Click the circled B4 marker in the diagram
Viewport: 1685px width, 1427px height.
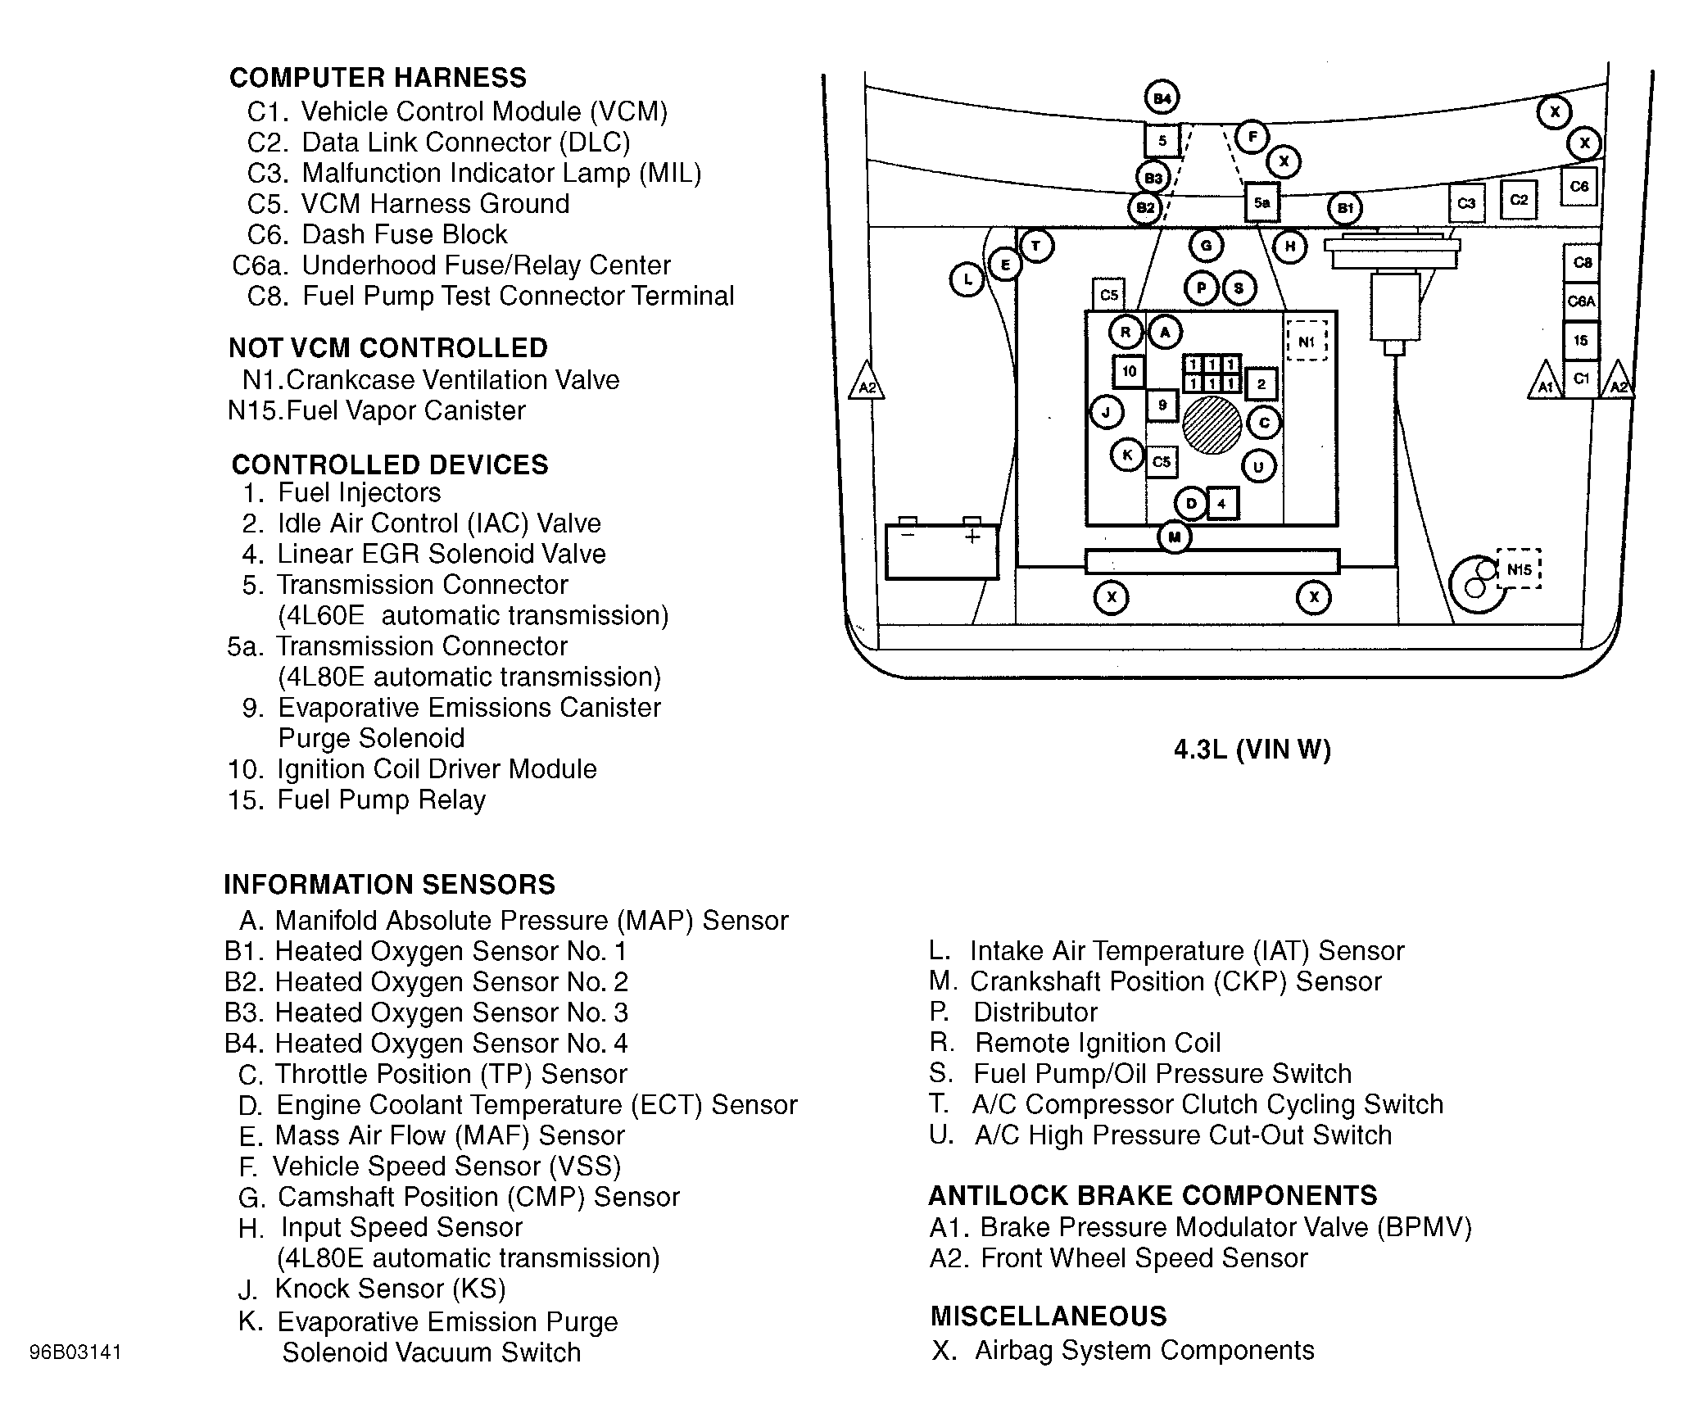1162,99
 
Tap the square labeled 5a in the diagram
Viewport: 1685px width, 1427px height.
1261,202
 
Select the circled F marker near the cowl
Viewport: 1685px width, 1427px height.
1252,137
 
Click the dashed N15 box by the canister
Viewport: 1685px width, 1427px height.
1519,569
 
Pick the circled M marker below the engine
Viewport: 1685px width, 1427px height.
1175,537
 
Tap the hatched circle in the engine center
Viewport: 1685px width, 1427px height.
1212,425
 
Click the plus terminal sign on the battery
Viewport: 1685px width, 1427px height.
972,537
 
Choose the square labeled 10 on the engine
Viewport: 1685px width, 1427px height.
1129,371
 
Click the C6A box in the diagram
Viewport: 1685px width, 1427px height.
1581,301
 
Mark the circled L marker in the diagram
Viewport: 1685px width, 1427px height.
967,280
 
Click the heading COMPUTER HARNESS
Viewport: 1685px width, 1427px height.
378,78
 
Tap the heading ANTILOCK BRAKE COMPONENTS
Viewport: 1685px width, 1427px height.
1153,1195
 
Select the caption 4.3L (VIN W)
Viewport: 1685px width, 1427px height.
1252,750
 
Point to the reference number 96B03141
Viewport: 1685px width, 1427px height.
75,1351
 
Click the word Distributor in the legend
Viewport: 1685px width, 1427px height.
1035,1012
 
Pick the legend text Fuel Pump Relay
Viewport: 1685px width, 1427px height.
381,800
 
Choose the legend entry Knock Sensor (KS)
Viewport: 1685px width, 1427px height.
390,1289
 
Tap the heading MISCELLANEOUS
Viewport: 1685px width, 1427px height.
1049,1316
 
